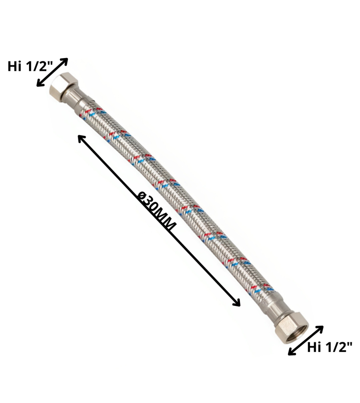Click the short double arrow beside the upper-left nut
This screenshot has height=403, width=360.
click(x=52, y=72)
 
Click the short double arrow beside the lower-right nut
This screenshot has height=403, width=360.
click(x=306, y=341)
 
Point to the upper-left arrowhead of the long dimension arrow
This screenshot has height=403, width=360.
click(x=81, y=139)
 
